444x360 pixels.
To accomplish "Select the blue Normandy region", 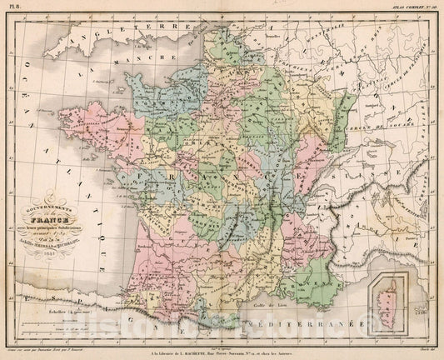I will point(154,87).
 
